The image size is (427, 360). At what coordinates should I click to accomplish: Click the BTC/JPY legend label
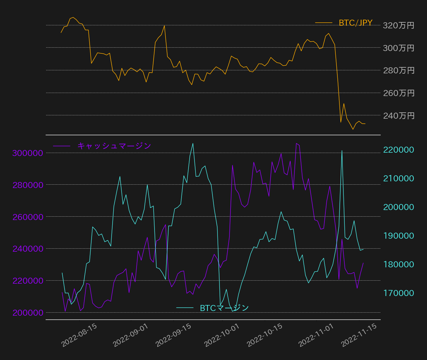tap(355, 23)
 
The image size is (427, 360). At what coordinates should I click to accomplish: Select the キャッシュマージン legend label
tap(114, 146)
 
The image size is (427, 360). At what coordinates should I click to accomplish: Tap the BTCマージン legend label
tap(224, 308)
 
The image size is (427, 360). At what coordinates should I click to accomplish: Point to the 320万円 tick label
tap(399, 26)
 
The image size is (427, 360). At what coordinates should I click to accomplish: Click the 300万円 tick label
tap(399, 48)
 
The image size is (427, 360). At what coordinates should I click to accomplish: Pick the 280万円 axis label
tap(399, 71)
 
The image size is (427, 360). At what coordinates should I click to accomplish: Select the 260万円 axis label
tap(399, 93)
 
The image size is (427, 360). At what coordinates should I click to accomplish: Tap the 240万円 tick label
tap(399, 116)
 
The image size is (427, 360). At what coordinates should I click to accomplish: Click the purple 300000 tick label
tap(28, 153)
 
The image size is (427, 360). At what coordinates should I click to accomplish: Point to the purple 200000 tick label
tap(28, 313)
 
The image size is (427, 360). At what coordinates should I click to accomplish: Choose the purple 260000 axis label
tap(28, 217)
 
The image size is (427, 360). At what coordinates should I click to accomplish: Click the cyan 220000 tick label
tap(399, 150)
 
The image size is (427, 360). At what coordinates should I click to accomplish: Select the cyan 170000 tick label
tap(399, 293)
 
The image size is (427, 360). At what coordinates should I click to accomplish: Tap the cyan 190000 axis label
tap(399, 236)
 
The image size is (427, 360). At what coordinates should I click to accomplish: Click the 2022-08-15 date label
tap(79, 335)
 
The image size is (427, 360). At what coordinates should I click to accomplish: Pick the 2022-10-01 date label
tap(222, 335)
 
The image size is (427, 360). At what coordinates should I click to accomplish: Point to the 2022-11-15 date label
tap(359, 335)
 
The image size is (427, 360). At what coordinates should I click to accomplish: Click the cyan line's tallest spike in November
tap(342, 151)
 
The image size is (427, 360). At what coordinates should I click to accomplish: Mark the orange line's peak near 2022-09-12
tap(164, 26)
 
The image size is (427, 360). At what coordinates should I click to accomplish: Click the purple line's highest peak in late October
tap(296, 143)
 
